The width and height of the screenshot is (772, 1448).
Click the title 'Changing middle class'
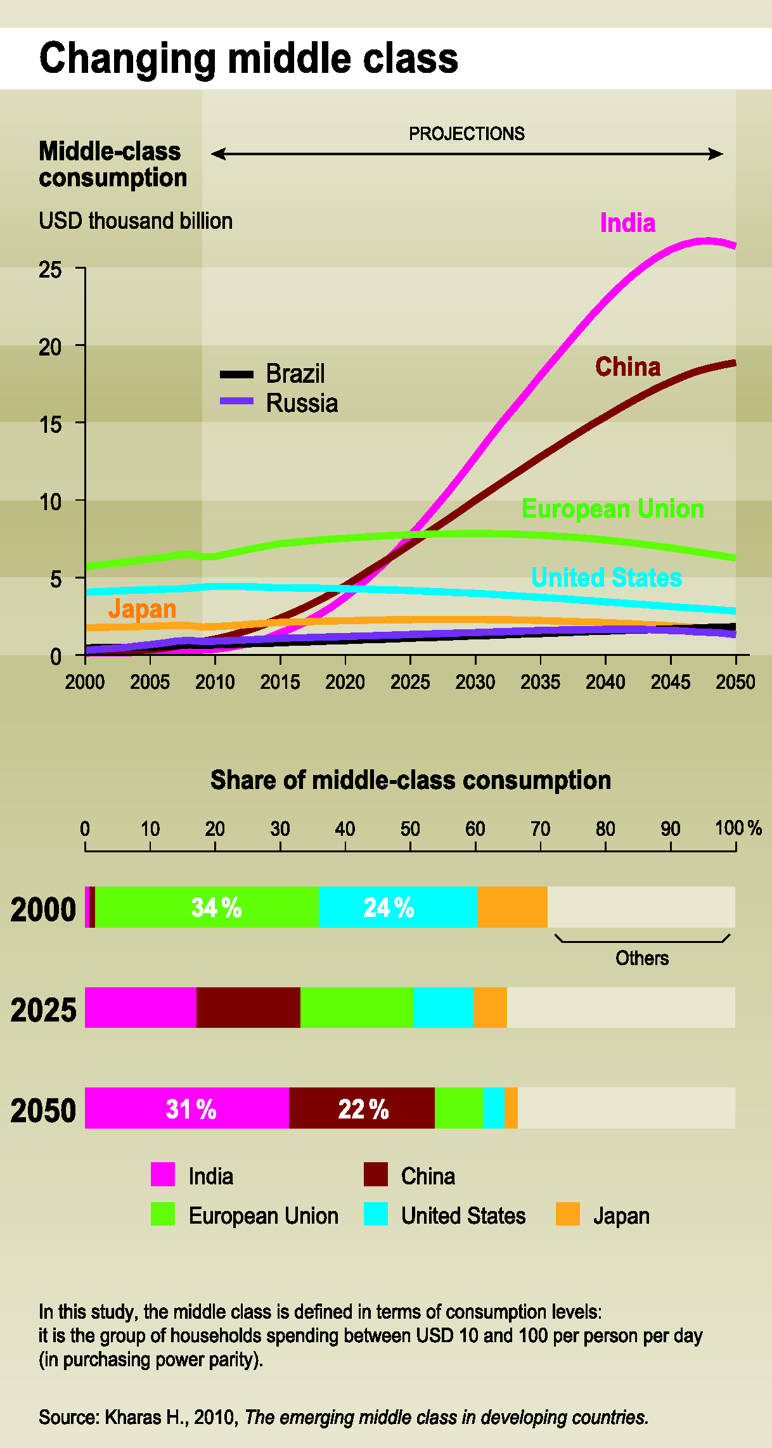248,58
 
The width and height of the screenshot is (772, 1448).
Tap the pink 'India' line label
627,223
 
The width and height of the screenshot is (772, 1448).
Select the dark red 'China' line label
627,367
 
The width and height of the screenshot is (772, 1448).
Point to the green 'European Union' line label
612,509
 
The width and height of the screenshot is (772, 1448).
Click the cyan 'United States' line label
606,577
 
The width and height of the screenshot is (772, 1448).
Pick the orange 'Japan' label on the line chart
142,609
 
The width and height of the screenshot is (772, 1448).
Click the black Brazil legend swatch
236,375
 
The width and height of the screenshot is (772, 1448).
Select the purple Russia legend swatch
236,401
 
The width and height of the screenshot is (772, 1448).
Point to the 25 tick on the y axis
51,270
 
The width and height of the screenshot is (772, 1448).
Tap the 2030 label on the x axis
475,682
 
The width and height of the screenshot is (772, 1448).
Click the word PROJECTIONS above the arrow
466,134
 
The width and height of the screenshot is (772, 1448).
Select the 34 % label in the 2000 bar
216,907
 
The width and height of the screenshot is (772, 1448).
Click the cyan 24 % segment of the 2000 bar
397,907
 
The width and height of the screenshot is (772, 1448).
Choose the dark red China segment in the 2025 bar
248,1008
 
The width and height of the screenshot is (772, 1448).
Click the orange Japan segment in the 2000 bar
512,907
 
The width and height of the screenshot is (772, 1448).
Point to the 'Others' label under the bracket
642,958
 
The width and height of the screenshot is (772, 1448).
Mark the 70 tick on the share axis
540,829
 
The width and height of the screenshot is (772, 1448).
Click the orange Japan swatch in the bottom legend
567,1214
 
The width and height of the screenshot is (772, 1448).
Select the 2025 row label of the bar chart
43,1009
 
